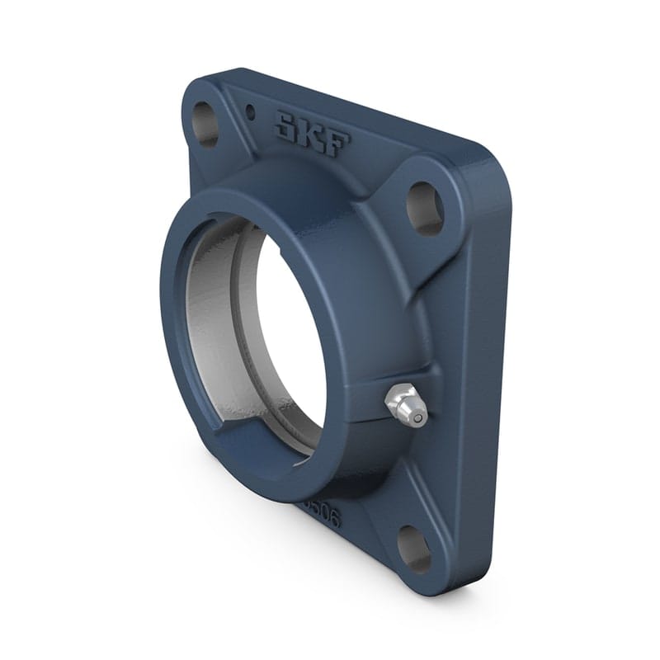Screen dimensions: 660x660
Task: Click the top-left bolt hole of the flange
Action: (205, 125)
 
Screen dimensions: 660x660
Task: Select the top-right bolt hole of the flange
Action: (425, 207)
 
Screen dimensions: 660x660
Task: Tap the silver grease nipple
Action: (406, 407)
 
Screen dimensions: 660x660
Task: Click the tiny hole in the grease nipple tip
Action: (419, 418)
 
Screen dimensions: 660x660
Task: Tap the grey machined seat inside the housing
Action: (210, 330)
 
